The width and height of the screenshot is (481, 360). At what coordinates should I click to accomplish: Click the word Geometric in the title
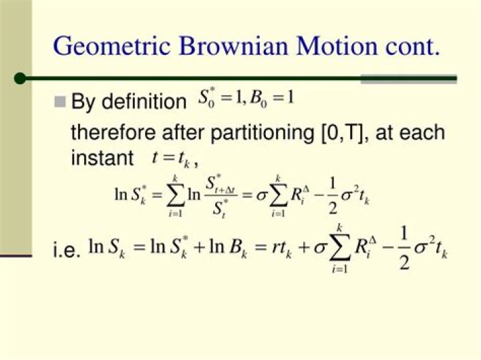pyautogui.click(x=112, y=47)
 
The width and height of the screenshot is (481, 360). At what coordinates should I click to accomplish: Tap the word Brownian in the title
pyautogui.click(x=233, y=45)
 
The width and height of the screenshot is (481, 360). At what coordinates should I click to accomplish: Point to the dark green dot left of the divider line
pyautogui.click(x=20, y=78)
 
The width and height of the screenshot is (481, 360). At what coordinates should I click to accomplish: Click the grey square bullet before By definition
pyautogui.click(x=60, y=102)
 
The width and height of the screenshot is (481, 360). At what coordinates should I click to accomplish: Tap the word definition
pyautogui.click(x=144, y=102)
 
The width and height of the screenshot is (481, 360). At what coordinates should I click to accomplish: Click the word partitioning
pyautogui.click(x=263, y=133)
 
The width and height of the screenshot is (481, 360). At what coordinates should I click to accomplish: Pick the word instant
pyautogui.click(x=102, y=158)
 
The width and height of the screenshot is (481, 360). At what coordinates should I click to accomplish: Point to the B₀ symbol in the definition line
pyautogui.click(x=259, y=99)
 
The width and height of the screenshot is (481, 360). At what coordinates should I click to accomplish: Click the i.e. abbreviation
pyautogui.click(x=67, y=250)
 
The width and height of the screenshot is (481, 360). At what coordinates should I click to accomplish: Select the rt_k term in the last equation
pyautogui.click(x=282, y=248)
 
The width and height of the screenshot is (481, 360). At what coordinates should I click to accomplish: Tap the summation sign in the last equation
pyautogui.click(x=339, y=248)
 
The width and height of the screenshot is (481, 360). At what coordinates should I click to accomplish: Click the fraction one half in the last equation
pyautogui.click(x=404, y=248)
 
